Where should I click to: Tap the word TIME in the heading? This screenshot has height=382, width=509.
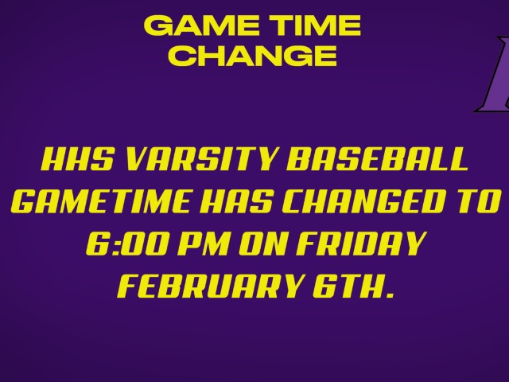317,26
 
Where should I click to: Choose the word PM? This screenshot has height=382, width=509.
209,244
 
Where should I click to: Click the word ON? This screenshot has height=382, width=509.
275,244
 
